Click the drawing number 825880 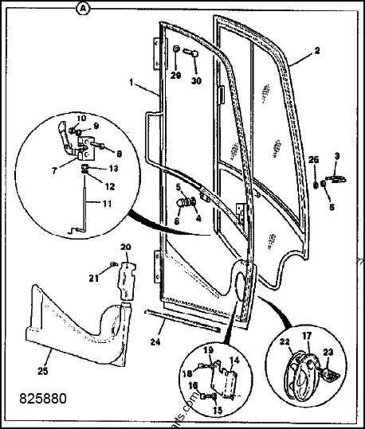[37, 393]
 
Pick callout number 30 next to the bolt [195, 80]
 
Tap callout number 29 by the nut [175, 76]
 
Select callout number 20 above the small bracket [124, 246]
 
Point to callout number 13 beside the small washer [113, 169]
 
